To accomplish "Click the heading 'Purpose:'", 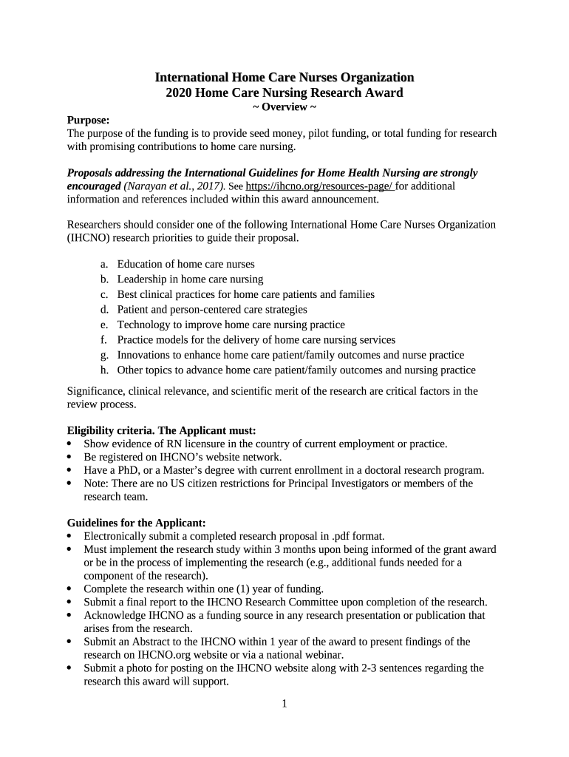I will click(88, 120).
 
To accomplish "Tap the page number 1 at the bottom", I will click(284, 703).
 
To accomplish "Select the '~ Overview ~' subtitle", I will click(284, 107).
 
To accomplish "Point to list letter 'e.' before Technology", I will click(104, 325).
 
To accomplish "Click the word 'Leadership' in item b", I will click(142, 279).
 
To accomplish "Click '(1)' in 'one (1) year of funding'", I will click(254, 589).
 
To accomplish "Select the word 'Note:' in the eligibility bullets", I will click(97, 483).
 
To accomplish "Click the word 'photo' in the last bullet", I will click(141, 668).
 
